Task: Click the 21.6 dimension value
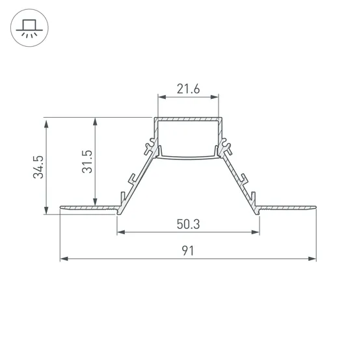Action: [x=188, y=89]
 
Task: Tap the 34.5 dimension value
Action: [x=38, y=167]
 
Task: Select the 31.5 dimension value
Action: [x=87, y=161]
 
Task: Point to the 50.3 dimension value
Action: [x=188, y=224]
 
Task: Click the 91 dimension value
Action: [x=188, y=250]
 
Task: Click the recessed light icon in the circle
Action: [x=29, y=28]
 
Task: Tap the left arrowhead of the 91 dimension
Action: [x=64, y=259]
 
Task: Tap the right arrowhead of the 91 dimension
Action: [x=312, y=259]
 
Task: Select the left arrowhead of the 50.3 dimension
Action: [x=121, y=232]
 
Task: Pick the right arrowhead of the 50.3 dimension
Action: [x=256, y=232]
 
